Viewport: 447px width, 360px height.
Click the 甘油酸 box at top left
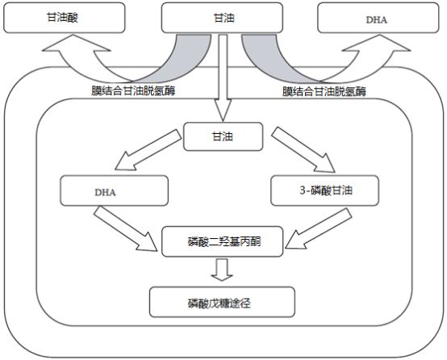click(64, 18)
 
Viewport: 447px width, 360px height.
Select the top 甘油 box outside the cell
click(222, 18)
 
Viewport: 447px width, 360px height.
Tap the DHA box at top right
click(378, 18)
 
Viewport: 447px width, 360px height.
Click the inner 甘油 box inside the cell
click(223, 136)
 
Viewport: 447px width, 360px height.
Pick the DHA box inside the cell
click(114, 190)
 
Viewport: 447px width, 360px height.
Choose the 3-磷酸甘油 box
click(324, 190)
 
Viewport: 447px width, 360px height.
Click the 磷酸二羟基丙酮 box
click(223, 241)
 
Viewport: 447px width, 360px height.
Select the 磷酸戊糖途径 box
click(222, 302)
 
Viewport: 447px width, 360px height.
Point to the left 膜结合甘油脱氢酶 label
click(133, 90)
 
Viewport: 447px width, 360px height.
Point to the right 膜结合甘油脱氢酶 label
click(324, 91)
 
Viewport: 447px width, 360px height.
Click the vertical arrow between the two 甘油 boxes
click(223, 77)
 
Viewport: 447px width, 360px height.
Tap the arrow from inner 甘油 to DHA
click(148, 150)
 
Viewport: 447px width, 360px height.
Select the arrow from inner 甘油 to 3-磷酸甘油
click(303, 150)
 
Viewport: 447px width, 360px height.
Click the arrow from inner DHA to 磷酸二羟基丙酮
click(126, 228)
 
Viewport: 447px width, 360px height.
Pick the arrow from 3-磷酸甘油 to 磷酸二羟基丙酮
click(319, 228)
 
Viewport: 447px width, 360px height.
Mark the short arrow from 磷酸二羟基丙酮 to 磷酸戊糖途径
click(222, 270)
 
